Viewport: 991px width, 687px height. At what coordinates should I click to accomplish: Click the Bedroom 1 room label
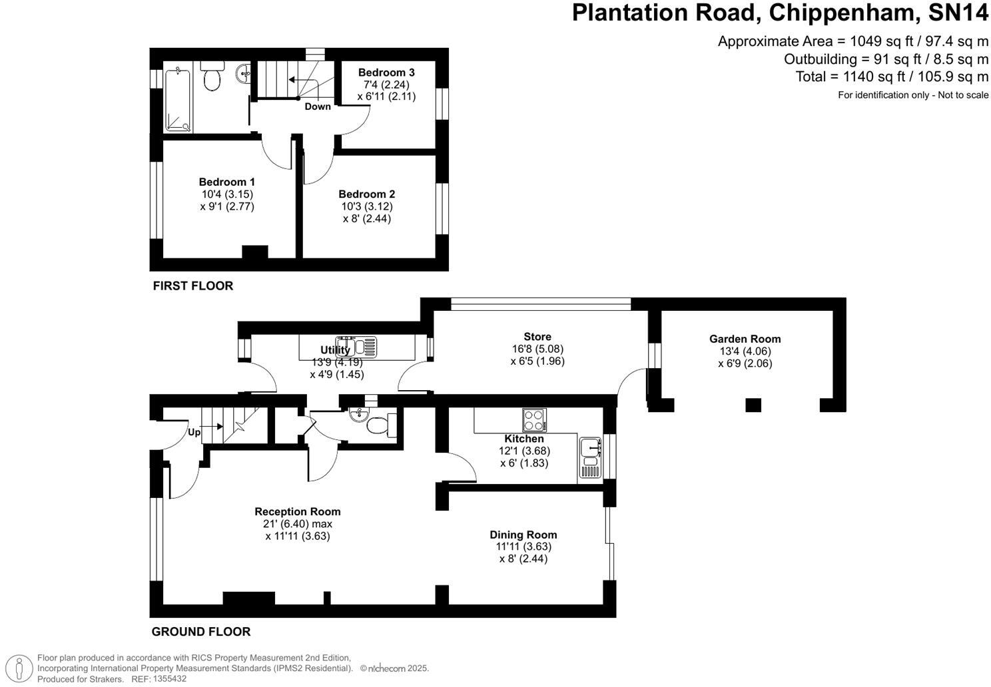click(226, 182)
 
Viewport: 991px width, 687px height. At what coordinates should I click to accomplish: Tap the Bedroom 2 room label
click(366, 194)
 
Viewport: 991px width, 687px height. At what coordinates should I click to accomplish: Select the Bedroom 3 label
click(386, 73)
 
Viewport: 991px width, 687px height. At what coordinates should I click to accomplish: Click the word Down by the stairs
click(318, 107)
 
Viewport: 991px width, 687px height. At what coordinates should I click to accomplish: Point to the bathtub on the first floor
click(178, 99)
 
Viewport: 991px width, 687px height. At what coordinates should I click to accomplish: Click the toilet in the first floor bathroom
click(212, 77)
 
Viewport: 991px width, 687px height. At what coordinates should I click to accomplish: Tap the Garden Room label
click(745, 339)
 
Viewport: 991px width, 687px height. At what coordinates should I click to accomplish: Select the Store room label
click(537, 337)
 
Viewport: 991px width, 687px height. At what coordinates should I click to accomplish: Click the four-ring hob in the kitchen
click(534, 419)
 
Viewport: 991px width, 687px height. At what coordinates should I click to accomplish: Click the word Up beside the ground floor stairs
click(194, 432)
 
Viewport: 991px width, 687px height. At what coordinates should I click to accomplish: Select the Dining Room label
click(523, 535)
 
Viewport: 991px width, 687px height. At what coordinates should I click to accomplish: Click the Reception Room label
click(297, 511)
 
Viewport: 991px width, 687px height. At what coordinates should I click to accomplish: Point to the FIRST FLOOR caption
click(192, 286)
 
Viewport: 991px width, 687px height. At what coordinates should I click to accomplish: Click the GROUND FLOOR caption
click(200, 631)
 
